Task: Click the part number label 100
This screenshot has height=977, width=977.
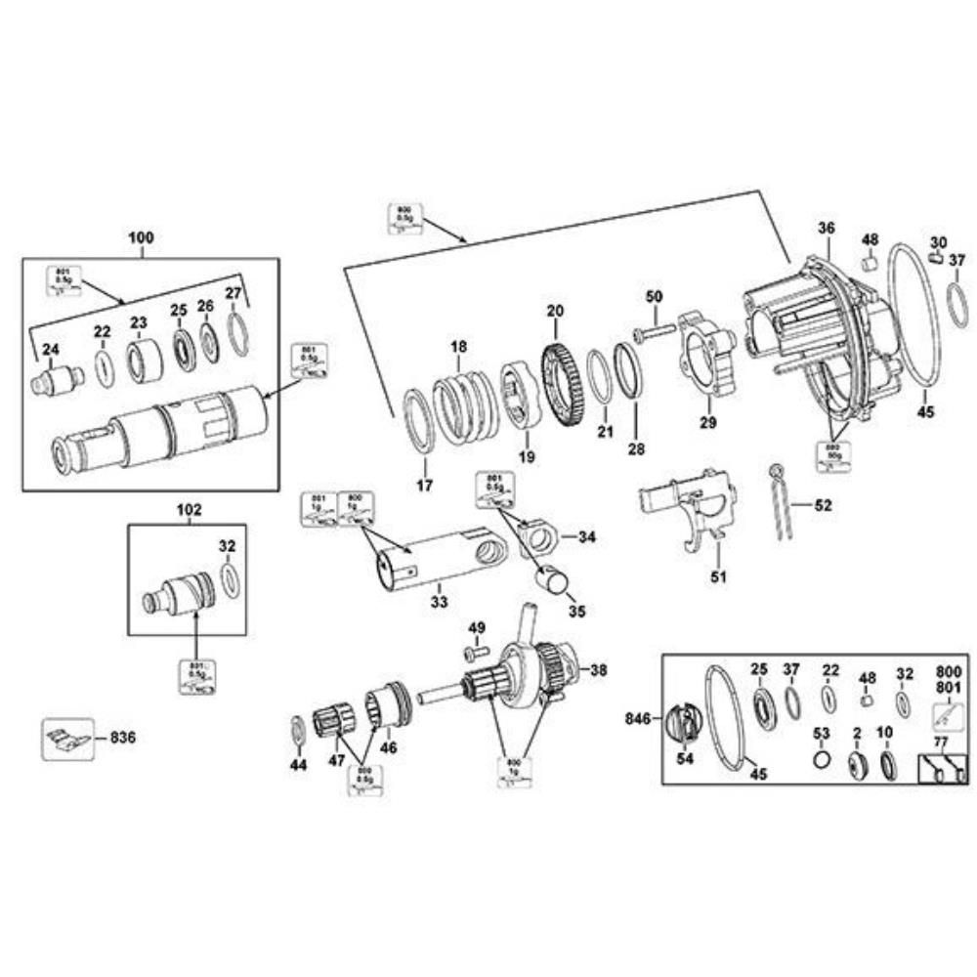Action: [141, 237]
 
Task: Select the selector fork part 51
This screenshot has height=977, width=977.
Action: [688, 506]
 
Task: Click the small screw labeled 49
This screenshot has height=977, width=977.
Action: [476, 652]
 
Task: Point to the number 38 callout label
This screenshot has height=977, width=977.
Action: [598, 670]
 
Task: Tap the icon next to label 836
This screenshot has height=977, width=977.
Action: [67, 737]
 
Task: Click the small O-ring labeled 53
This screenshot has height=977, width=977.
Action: [822, 759]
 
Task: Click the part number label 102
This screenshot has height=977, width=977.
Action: [188, 510]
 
